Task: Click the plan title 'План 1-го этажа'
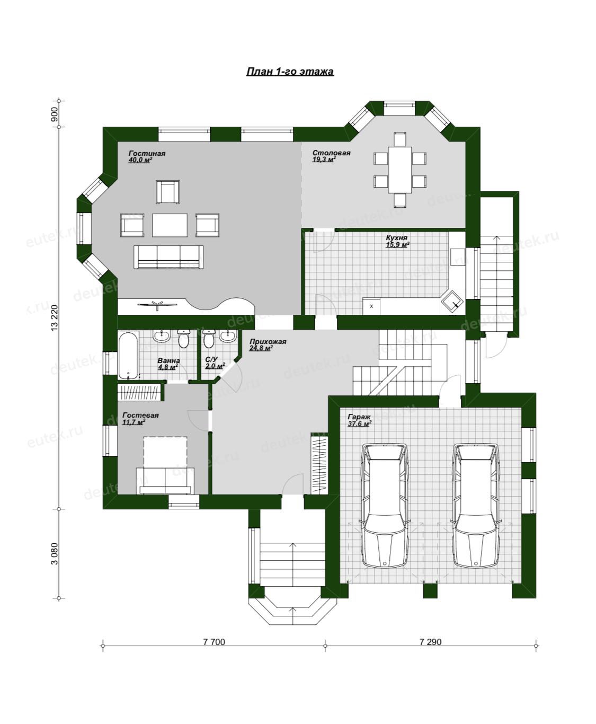290,72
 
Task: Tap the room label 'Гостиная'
147,153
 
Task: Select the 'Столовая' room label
331,153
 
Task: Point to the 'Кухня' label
396,238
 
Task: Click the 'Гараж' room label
359,417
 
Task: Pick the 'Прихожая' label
268,341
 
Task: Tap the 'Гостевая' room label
140,415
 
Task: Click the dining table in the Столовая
400,170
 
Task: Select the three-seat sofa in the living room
168,257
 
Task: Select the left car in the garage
385,505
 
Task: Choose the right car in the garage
476,505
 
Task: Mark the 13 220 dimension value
55,317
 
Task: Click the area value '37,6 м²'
359,423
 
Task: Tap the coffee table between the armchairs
170,225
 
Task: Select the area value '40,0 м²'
140,160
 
